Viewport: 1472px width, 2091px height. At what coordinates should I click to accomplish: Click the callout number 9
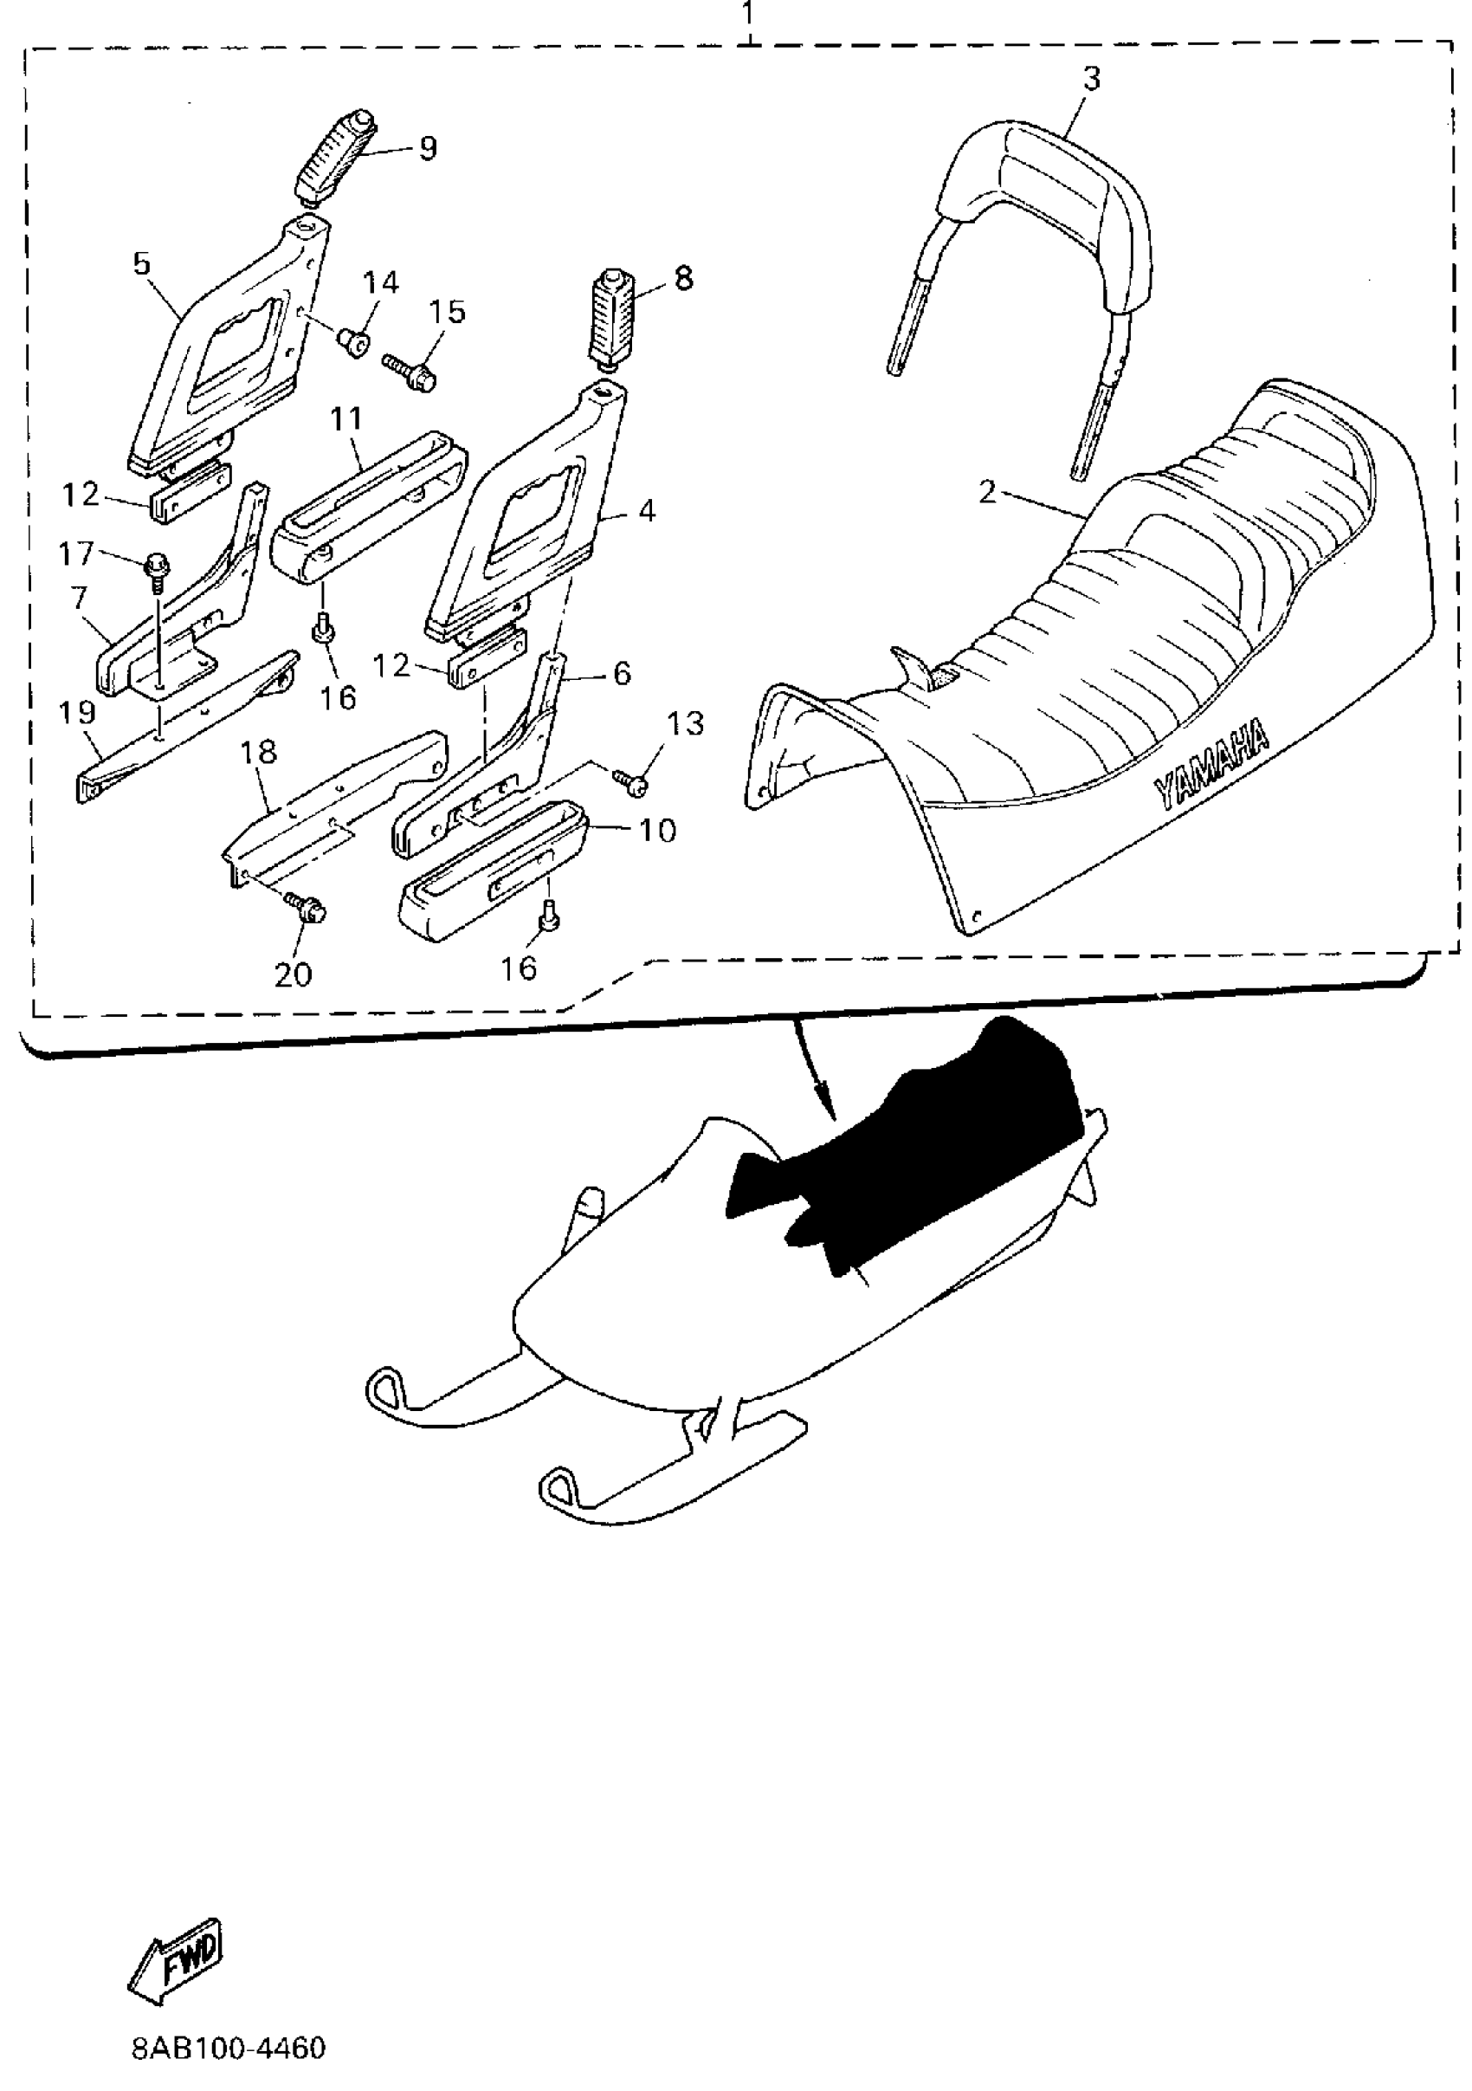click(x=428, y=147)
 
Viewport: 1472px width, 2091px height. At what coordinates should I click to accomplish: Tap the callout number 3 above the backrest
click(x=1092, y=79)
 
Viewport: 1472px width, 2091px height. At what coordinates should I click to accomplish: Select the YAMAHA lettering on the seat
click(x=1212, y=764)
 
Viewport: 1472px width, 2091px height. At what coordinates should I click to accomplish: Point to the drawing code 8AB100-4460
click(x=229, y=2049)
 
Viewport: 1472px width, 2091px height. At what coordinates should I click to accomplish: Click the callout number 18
click(x=259, y=752)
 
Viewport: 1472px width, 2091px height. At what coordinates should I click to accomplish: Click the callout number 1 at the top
click(x=747, y=14)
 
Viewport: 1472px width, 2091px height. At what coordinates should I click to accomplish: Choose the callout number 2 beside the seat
click(x=988, y=493)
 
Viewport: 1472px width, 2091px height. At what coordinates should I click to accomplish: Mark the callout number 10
click(x=657, y=830)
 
